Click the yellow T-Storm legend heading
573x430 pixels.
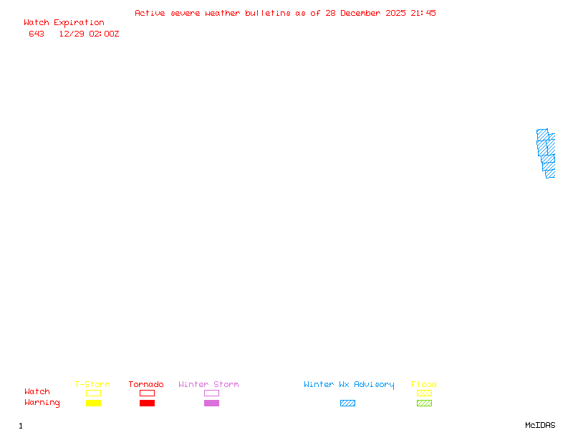(x=92, y=385)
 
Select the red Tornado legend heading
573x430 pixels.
(x=146, y=385)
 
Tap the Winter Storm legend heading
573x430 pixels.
(x=208, y=385)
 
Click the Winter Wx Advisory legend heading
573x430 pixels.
(x=349, y=385)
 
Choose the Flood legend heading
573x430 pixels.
(x=424, y=385)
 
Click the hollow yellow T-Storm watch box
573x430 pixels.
(x=93, y=393)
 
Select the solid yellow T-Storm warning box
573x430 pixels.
(x=93, y=403)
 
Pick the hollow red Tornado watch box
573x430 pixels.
(x=147, y=393)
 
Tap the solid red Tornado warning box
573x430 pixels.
(x=147, y=403)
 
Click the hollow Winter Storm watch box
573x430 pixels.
(x=211, y=393)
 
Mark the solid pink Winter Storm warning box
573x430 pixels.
(x=211, y=403)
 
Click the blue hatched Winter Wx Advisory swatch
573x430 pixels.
(x=347, y=403)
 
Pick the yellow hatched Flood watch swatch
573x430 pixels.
(x=424, y=393)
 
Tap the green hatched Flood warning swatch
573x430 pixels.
(x=424, y=403)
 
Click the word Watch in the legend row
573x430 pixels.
(x=37, y=392)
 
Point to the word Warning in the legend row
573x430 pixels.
(x=42, y=403)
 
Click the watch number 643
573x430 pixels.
(x=37, y=34)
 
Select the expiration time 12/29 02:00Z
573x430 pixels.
(x=89, y=34)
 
